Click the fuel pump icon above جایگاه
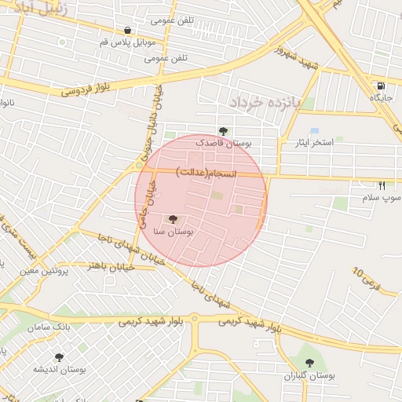click(x=381, y=86)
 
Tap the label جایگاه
click(x=381, y=98)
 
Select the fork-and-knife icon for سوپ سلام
click(x=382, y=186)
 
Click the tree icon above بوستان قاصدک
click(x=223, y=131)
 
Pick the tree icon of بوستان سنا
click(x=173, y=220)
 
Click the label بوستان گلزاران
click(x=309, y=376)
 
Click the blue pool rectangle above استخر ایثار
click(x=315, y=130)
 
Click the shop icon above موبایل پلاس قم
click(x=127, y=31)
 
